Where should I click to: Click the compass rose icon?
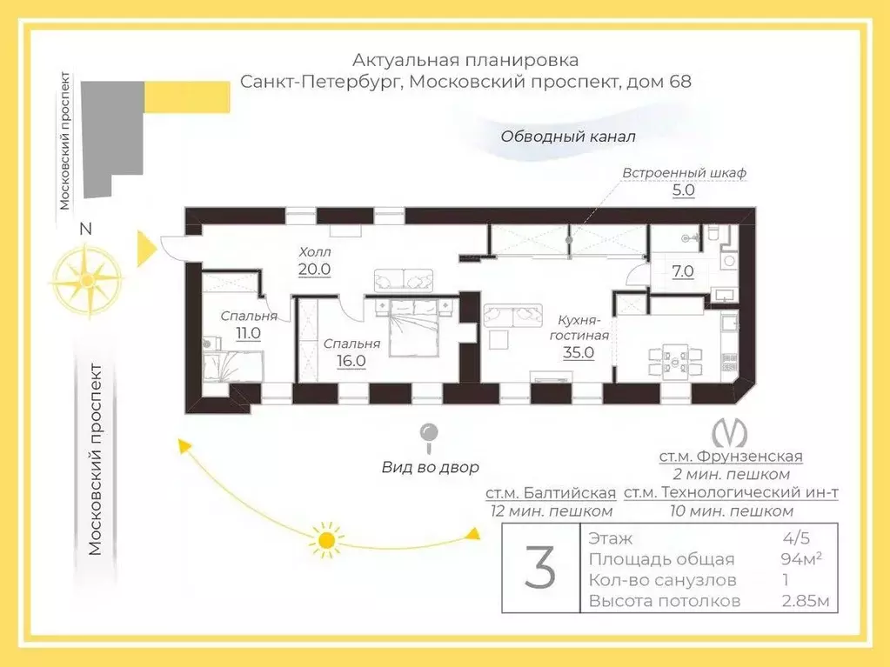[x=85, y=279]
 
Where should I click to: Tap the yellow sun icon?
[x=327, y=540]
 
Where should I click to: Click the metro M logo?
[x=730, y=432]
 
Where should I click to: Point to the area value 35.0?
[x=578, y=352]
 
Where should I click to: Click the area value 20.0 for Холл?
[x=314, y=269]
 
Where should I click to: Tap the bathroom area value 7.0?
[x=683, y=270]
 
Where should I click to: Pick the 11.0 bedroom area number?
[x=248, y=332]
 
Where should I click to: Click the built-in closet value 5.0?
[x=684, y=190]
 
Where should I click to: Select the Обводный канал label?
[x=568, y=137]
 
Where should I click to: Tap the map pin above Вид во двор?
[x=429, y=436]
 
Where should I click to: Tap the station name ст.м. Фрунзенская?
[x=731, y=456]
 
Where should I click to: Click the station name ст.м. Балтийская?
[x=551, y=493]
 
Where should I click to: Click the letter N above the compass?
[x=84, y=230]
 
